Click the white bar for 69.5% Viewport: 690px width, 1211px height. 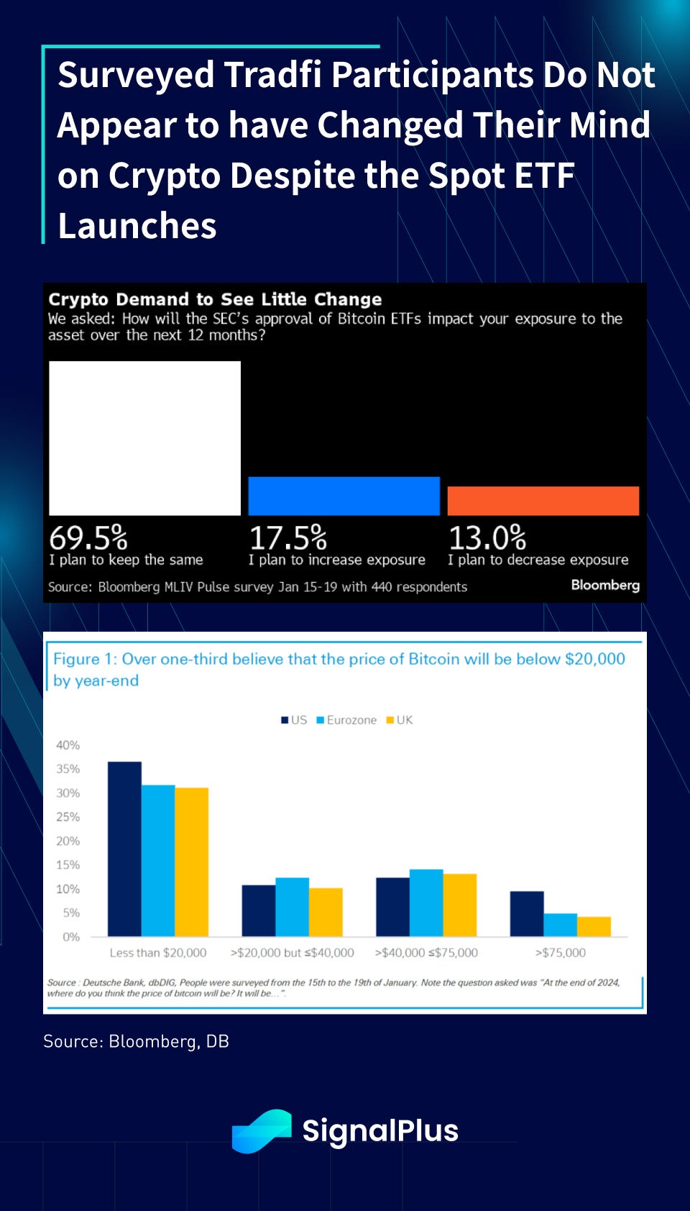point(144,438)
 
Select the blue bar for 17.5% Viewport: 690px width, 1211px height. point(344,496)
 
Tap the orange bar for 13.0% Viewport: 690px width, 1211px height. point(543,501)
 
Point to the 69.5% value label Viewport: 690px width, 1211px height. point(88,538)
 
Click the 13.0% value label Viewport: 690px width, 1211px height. point(487,538)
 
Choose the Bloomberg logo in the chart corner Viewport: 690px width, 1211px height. point(605,585)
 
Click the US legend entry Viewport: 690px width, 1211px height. point(294,720)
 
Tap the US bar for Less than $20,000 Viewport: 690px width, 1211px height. point(124,849)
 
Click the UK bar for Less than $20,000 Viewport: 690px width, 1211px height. point(191,862)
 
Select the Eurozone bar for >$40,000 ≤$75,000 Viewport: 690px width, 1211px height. point(426,903)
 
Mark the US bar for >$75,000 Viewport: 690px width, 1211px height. point(527,914)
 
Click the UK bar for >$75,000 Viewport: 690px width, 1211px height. point(594,927)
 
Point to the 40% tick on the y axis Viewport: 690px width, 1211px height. point(68,745)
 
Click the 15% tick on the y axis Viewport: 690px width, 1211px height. point(68,865)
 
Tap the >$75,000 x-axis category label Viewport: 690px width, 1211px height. point(561,953)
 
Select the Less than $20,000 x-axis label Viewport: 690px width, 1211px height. point(158,953)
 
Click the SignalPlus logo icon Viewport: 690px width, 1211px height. point(262,1130)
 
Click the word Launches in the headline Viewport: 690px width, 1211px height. point(137,226)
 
